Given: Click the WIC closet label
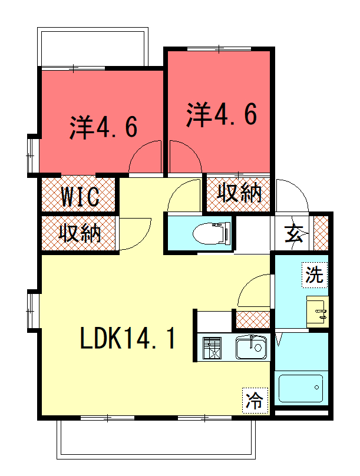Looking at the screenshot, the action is (80, 197).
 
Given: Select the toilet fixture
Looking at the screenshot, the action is (212, 233).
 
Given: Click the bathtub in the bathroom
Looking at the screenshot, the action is (301, 388).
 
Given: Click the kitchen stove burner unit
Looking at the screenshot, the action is (212, 348).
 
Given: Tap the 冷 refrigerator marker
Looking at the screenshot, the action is (255, 401).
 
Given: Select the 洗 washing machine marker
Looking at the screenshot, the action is (315, 275).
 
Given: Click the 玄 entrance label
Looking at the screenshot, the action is (293, 234).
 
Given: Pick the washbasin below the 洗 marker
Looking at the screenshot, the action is (317, 312).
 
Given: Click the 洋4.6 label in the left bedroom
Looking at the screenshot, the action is (104, 127).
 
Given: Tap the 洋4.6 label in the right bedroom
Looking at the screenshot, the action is (222, 114).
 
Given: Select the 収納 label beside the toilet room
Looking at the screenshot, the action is (239, 192).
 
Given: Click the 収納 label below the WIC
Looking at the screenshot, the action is (80, 233).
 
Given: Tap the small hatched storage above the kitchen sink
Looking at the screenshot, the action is (253, 320).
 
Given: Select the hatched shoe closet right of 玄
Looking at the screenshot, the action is (321, 233).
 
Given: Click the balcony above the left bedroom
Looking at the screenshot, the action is (93, 47).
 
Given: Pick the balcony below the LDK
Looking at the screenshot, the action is (156, 439).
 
